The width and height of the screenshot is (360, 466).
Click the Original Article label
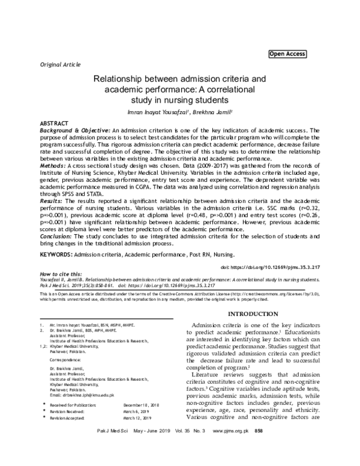[x=59, y=64]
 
